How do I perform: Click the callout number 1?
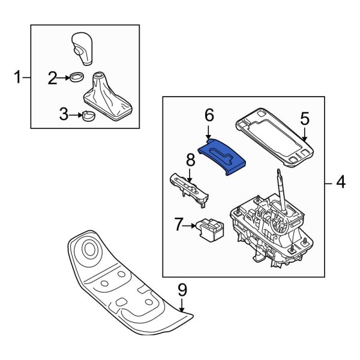click(x=17, y=77)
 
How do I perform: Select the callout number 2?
click(x=53, y=77)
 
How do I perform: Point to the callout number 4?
click(x=340, y=182)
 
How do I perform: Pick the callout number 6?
click(x=209, y=115)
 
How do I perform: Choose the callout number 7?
click(x=178, y=226)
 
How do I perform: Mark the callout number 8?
click(x=190, y=161)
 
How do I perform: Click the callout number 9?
click(x=182, y=290)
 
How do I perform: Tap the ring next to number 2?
click(x=76, y=77)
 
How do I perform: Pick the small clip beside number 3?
click(x=89, y=115)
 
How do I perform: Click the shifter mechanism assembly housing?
click(x=270, y=234)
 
